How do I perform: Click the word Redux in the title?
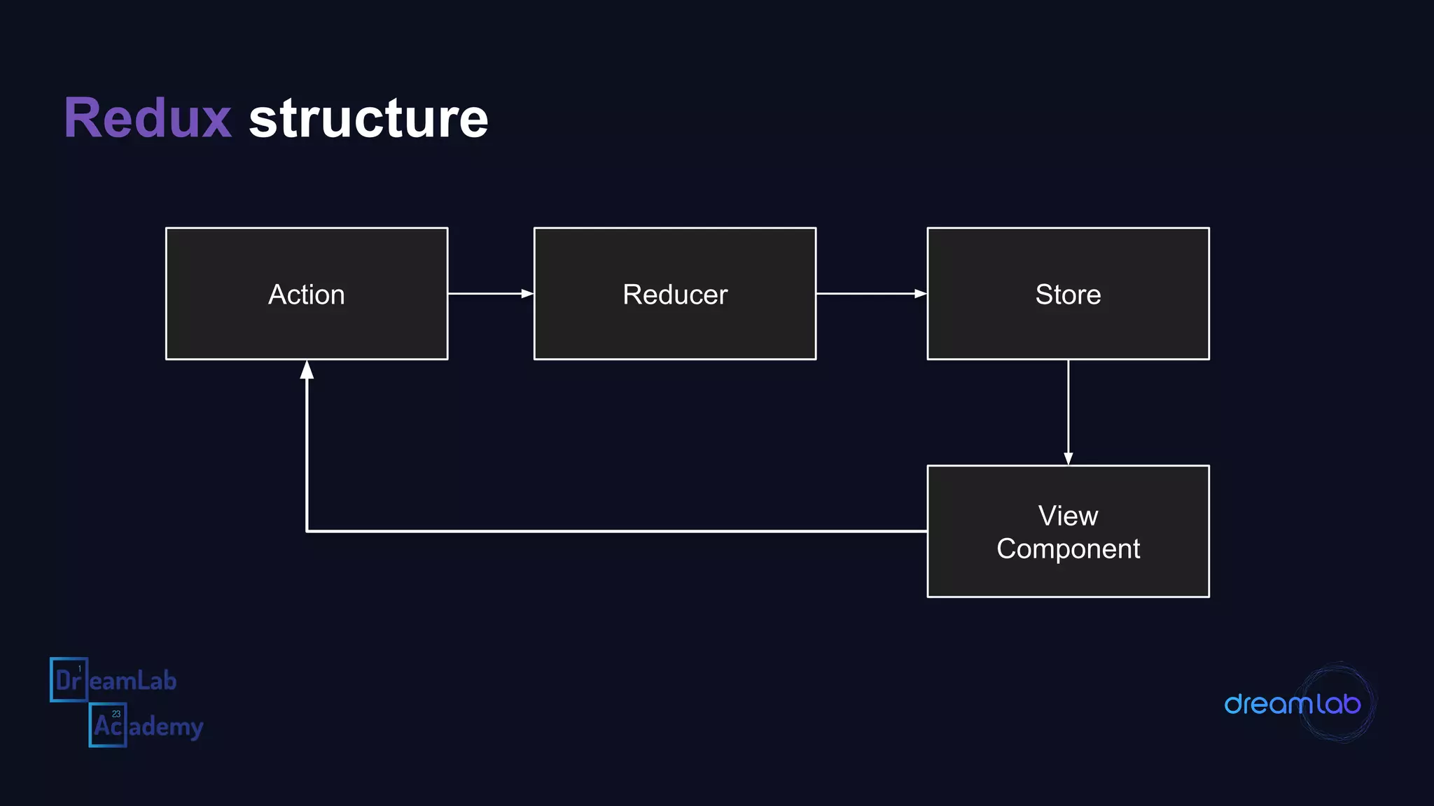148,118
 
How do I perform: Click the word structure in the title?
368,118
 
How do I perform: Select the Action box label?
307,295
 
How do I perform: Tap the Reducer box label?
675,295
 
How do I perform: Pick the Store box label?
1068,295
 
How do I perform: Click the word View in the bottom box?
1068,516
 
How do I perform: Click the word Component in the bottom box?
1068,549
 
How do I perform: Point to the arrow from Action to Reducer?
487,294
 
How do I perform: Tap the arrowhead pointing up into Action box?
307,370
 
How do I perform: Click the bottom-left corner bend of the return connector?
307,531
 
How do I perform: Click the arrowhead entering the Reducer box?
527,294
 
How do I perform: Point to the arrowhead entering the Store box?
920,294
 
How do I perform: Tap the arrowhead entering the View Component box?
1068,458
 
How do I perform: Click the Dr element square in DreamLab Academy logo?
69,679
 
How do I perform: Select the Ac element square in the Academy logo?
108,725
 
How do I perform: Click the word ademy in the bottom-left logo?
166,727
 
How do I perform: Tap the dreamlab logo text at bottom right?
1292,704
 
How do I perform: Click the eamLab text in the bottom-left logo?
133,681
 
